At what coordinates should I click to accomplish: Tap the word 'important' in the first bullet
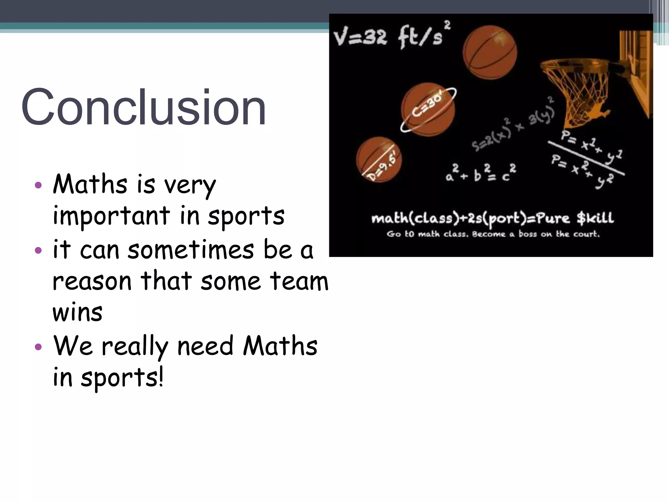(x=111, y=216)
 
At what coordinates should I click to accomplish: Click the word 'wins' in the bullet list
(x=77, y=312)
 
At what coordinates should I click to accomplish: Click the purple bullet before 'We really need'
(x=38, y=347)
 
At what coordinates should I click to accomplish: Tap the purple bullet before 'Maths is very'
(x=38, y=185)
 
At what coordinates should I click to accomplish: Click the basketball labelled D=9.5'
(x=379, y=159)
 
